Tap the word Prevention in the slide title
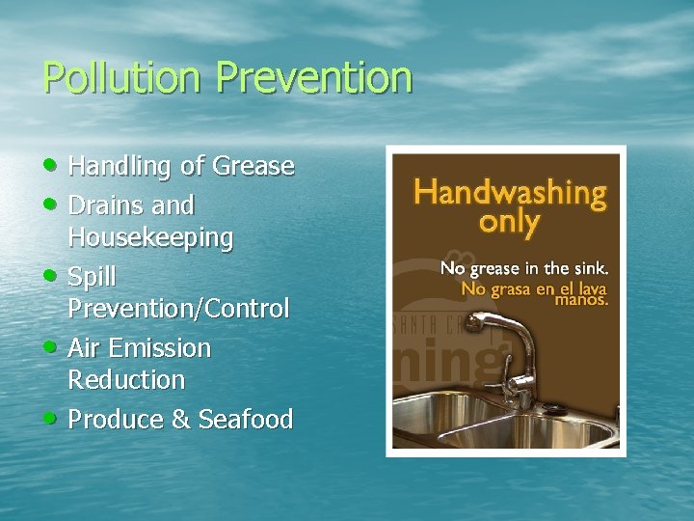(314, 77)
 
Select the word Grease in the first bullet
(253, 166)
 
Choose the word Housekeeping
(150, 237)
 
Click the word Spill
(92, 277)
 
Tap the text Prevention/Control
(178, 309)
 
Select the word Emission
(160, 347)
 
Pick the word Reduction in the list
(126, 379)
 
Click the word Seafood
(246, 419)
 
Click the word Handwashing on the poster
(510, 193)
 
